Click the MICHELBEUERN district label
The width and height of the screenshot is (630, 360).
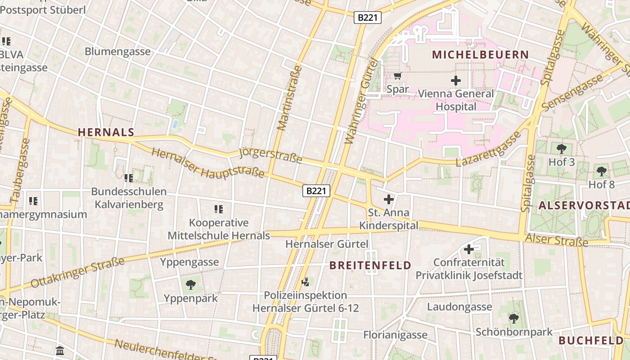(480, 55)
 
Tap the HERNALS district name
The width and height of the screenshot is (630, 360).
(106, 132)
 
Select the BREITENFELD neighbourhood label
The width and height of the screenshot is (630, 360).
(370, 265)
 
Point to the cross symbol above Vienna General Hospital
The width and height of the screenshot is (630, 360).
(456, 81)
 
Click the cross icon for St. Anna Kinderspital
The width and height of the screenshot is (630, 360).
(389, 199)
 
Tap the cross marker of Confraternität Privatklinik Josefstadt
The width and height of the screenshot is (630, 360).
(469, 249)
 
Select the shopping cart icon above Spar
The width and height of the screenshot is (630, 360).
(397, 76)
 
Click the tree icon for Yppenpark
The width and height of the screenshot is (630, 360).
(191, 284)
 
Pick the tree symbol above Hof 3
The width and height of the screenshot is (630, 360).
(561, 149)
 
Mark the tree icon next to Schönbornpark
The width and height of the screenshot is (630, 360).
(514, 319)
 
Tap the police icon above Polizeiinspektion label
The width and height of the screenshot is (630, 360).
(306, 282)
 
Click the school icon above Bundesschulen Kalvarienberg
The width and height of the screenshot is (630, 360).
(129, 178)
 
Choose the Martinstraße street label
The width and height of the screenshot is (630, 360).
(290, 98)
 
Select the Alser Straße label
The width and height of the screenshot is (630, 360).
(557, 240)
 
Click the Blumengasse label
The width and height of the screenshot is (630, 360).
(117, 51)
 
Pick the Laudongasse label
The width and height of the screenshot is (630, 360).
(459, 307)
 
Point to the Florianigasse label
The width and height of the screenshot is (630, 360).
(395, 335)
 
